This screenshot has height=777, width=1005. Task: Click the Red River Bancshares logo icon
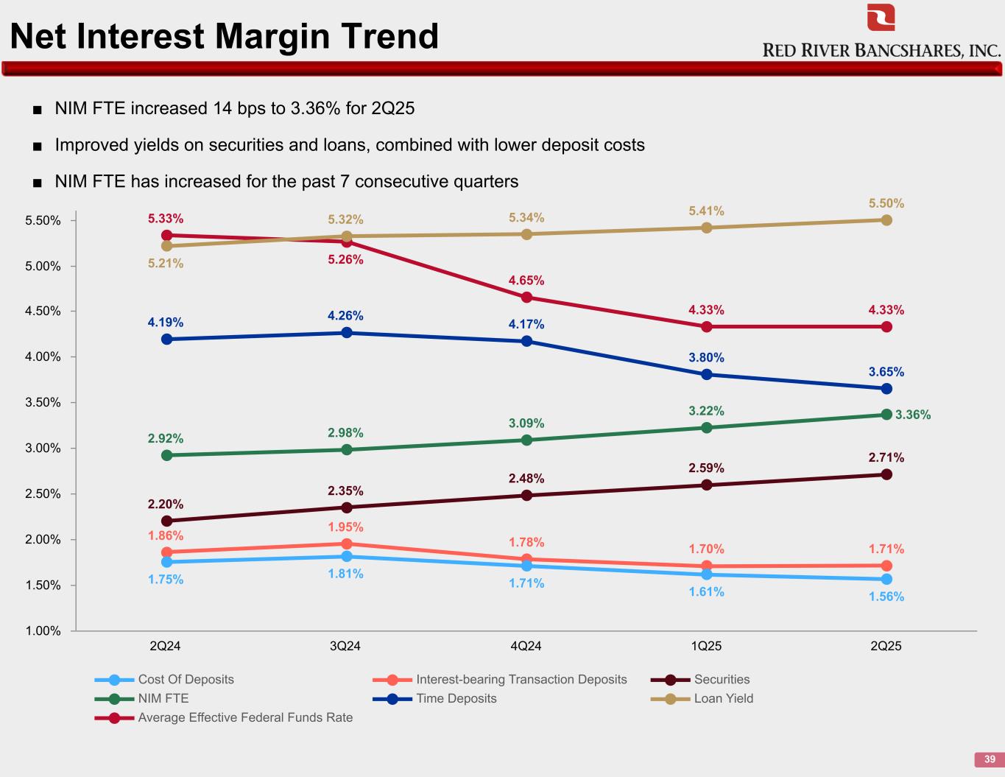click(x=881, y=18)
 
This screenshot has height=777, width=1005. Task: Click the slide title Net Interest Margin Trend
click(x=224, y=36)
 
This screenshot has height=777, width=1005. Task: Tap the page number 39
click(x=989, y=759)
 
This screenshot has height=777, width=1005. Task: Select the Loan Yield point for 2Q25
click(x=886, y=220)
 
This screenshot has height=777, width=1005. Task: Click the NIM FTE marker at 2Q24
click(x=166, y=455)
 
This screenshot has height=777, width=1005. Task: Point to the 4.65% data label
click(x=526, y=281)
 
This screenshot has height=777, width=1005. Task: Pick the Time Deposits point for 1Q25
click(x=707, y=374)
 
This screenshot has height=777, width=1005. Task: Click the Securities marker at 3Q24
click(x=347, y=507)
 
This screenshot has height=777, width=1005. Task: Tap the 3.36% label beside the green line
click(x=913, y=415)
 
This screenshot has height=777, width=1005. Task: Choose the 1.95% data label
click(x=346, y=527)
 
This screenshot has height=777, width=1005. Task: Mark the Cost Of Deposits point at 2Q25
click(x=886, y=580)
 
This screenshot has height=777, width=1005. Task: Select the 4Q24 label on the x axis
click(x=526, y=646)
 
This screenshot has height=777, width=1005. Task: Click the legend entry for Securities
click(x=722, y=679)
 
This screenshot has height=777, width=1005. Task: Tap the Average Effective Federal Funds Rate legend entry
click(x=245, y=717)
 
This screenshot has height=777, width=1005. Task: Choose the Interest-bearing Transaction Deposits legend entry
click(x=521, y=679)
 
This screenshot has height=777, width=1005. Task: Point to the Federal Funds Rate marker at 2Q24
click(x=166, y=236)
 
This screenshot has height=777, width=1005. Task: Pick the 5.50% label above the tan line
click(x=886, y=203)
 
